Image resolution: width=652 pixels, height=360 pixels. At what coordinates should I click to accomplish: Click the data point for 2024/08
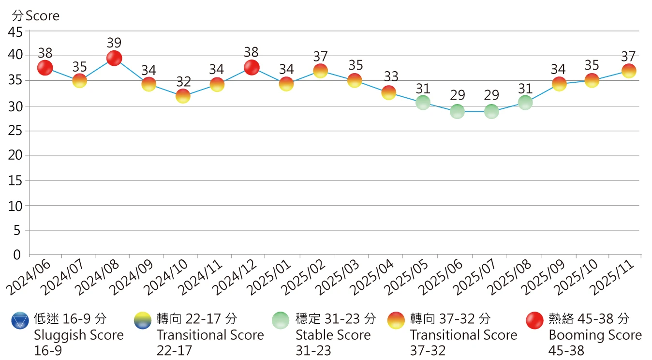point(114,58)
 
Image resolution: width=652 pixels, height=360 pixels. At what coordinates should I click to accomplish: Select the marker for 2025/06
point(457,112)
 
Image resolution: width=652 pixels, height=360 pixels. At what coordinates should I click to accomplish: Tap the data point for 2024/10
point(183,96)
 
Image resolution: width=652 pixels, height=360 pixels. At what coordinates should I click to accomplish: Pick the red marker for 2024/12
point(252,67)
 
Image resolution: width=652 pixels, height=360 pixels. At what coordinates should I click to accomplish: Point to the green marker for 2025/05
point(423,102)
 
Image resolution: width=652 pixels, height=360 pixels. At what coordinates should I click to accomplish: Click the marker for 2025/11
point(629,71)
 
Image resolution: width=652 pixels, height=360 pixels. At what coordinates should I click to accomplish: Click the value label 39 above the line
point(114,43)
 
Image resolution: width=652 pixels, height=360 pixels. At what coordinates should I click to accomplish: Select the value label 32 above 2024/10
point(183,81)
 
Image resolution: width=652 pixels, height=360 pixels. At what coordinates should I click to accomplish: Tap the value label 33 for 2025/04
point(389,76)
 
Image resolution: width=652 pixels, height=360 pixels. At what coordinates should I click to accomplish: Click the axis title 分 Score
point(36,16)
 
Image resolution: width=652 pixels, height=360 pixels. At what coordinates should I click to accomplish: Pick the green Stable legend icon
point(280,320)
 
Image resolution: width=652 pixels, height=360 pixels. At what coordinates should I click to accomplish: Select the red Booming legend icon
point(535,320)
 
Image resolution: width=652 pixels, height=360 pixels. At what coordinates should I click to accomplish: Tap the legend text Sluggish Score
point(79,335)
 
